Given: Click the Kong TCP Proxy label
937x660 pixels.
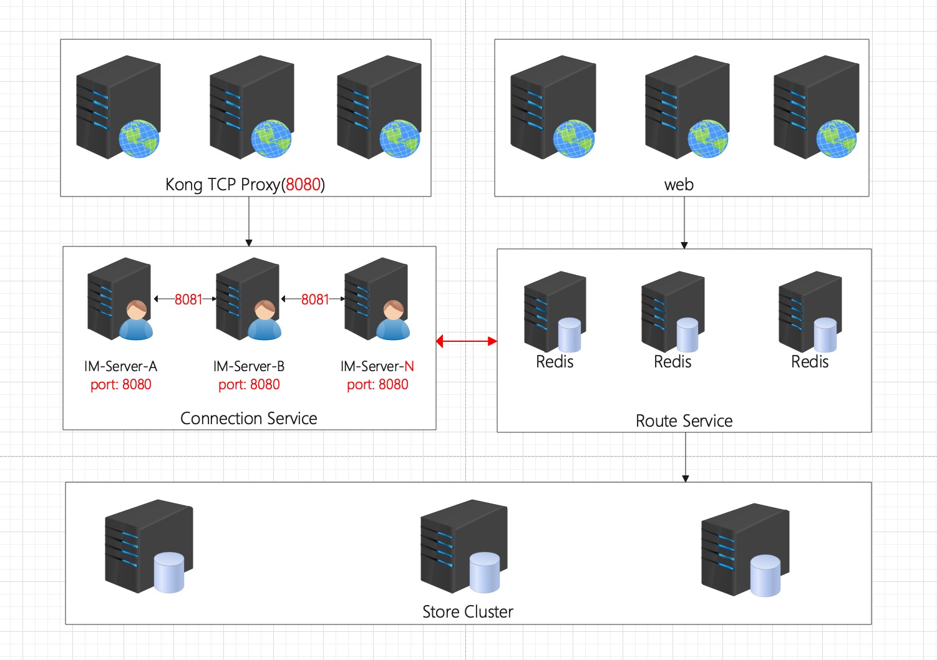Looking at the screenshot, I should coord(245,185).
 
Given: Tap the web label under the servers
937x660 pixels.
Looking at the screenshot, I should coord(679,185).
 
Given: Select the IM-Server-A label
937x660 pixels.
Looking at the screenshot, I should coord(120,366).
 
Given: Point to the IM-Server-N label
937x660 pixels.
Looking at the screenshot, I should coord(377,366).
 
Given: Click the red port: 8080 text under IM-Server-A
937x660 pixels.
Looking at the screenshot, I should coord(120,384).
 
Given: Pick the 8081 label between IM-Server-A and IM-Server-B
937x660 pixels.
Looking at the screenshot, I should coord(188,299).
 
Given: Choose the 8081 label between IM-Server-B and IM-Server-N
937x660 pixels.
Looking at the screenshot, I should coord(314,299).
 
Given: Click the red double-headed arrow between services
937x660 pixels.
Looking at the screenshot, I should coord(467,341).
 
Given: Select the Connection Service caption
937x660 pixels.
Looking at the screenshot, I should coord(248,418).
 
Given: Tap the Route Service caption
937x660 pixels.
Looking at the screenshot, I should coord(684,421).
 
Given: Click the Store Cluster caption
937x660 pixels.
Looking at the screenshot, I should coord(467,612).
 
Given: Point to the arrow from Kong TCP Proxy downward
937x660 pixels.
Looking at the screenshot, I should coord(249,221).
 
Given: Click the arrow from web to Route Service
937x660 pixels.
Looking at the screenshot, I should coord(684,223).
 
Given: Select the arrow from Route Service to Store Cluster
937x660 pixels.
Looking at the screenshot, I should coord(686,457).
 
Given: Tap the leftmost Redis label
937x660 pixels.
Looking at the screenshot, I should coord(555,362).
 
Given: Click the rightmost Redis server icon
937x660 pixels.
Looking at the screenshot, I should coord(810,311).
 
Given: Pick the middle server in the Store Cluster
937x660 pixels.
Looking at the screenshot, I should coord(463,545).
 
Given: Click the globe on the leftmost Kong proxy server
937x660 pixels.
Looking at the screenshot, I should coord(138,138).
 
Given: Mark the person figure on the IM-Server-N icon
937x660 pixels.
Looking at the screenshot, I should coord(393,321).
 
